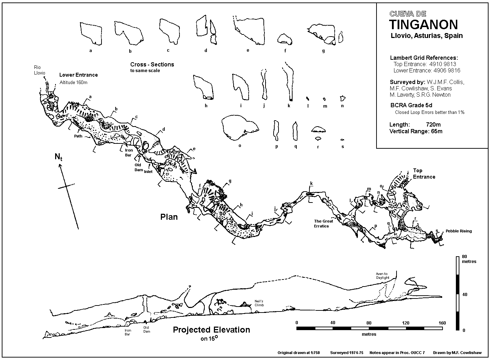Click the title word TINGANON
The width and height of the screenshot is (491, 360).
(x=424, y=24)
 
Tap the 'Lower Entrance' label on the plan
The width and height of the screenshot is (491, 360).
(x=78, y=75)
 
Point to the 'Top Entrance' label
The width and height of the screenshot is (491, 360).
(x=424, y=174)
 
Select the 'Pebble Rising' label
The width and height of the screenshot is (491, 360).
(x=459, y=231)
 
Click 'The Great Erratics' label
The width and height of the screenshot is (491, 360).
(x=323, y=224)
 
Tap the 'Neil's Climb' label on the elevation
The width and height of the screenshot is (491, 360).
(x=259, y=303)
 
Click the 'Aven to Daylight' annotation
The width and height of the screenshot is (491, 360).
(x=382, y=276)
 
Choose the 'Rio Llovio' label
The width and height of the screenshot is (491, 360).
(x=39, y=70)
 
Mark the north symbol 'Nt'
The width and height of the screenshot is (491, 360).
(x=58, y=157)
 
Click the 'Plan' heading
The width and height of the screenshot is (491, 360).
(x=169, y=217)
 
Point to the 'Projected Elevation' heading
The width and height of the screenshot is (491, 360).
(x=211, y=330)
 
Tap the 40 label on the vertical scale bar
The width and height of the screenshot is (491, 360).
(x=465, y=294)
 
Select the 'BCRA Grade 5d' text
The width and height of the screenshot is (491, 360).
(x=411, y=105)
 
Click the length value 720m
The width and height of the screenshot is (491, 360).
(x=433, y=124)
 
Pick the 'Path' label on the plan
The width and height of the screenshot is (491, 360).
(x=78, y=136)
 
